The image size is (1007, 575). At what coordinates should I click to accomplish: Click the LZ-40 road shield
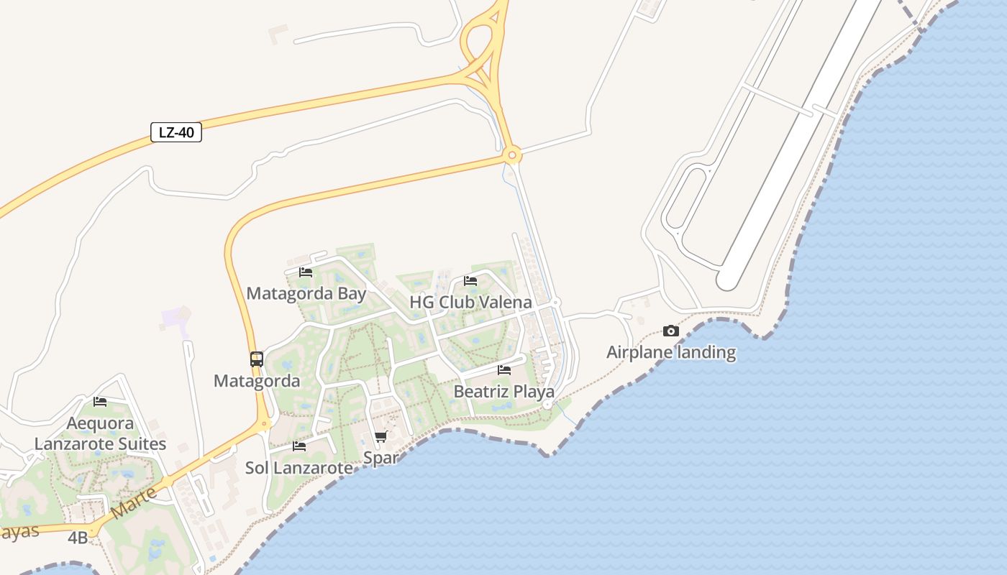click(176, 132)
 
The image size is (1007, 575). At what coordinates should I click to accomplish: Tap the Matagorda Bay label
click(306, 293)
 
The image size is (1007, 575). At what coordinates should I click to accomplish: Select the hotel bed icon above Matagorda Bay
click(306, 272)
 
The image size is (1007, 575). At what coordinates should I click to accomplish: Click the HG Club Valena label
click(470, 302)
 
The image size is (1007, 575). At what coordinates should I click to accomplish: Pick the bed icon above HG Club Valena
click(470, 281)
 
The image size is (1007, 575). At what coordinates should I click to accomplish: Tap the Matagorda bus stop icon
click(257, 359)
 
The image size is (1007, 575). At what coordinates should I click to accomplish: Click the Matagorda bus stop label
click(257, 381)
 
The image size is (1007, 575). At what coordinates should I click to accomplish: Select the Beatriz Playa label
click(503, 392)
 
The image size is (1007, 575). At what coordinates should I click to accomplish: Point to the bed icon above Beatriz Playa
click(504, 370)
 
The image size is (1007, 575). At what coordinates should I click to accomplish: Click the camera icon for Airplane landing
click(671, 331)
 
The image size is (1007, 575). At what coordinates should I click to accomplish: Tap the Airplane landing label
click(671, 352)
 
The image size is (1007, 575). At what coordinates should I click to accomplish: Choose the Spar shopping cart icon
click(381, 437)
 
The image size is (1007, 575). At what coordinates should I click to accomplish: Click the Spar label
click(381, 458)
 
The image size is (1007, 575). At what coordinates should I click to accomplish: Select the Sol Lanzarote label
click(299, 468)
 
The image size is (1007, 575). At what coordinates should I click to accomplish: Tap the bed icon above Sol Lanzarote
click(299, 446)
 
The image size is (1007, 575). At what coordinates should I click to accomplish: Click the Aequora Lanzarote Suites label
click(100, 433)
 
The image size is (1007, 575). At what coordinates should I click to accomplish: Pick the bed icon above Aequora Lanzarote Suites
click(100, 402)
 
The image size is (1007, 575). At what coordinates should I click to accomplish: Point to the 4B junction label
click(78, 538)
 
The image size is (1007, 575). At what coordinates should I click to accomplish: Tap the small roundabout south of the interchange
click(512, 154)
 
